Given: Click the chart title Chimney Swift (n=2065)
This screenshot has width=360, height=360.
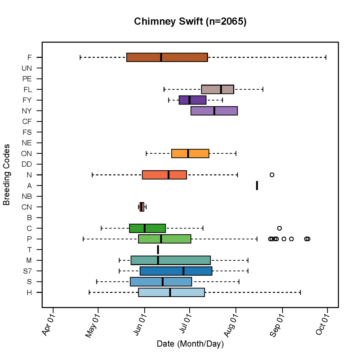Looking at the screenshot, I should [x=190, y=22].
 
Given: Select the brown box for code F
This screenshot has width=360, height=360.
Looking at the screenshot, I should [x=167, y=57].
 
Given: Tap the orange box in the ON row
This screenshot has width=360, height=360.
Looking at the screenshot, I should [x=190, y=153].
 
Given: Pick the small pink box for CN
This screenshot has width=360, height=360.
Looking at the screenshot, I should [x=142, y=207].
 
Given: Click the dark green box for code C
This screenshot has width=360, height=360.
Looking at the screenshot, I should [x=147, y=228].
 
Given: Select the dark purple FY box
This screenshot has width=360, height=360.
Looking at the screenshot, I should [x=192, y=100].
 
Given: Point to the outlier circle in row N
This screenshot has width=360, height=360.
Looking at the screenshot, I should [x=272, y=175].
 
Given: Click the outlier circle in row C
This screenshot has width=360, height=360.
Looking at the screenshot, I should [x=279, y=228].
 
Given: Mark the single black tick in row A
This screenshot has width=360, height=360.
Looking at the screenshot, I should [x=257, y=186].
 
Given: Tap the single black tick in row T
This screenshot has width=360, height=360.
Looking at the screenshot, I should [x=158, y=250].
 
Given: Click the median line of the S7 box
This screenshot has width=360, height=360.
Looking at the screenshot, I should [x=183, y=271].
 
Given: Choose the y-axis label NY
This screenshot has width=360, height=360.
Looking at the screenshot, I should [x=27, y=111].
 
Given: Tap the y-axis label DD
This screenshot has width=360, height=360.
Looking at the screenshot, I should [x=27, y=164].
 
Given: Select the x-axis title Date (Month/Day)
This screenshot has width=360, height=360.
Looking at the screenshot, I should [x=190, y=344].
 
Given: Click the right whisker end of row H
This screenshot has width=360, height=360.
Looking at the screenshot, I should [x=300, y=292].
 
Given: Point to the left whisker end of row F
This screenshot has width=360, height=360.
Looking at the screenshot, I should [x=80, y=57].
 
